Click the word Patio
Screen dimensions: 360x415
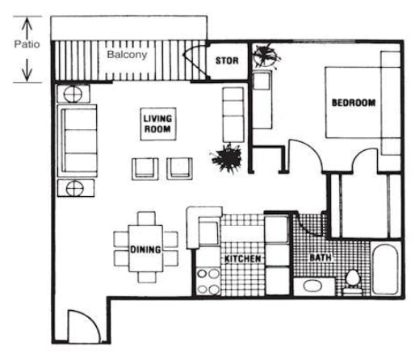coord(27,44)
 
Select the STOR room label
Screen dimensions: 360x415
coord(226,61)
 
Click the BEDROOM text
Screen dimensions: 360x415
coord(354,103)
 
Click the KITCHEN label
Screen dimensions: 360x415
coord(242,258)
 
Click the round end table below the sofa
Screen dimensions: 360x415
coord(73,190)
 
